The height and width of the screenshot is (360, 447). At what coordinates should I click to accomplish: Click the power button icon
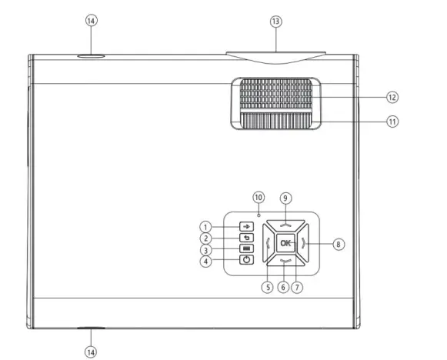[x=246, y=260]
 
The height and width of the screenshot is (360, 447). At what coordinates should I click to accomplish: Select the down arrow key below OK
[x=286, y=263]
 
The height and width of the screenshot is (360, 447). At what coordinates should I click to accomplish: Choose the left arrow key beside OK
[x=266, y=244]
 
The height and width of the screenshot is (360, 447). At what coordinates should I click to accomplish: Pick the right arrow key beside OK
[x=305, y=244]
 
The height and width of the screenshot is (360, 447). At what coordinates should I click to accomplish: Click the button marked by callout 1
[x=246, y=227]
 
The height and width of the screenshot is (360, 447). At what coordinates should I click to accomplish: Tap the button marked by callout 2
[x=246, y=238]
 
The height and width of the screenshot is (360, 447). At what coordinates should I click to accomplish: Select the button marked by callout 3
[x=246, y=249]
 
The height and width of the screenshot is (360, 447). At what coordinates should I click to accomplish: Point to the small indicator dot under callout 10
[x=260, y=212]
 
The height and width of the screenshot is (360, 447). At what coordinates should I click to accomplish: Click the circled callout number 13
[x=276, y=22]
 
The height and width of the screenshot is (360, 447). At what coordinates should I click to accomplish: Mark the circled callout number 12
[x=393, y=98]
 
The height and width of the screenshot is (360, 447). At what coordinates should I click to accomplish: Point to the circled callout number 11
[x=393, y=122]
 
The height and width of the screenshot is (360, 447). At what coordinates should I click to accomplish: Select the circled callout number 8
[x=339, y=244]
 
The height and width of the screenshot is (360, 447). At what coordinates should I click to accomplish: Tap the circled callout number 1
[x=206, y=227]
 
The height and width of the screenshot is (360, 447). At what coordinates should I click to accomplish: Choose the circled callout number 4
[x=206, y=261]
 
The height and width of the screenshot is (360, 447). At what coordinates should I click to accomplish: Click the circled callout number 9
[x=285, y=196]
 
